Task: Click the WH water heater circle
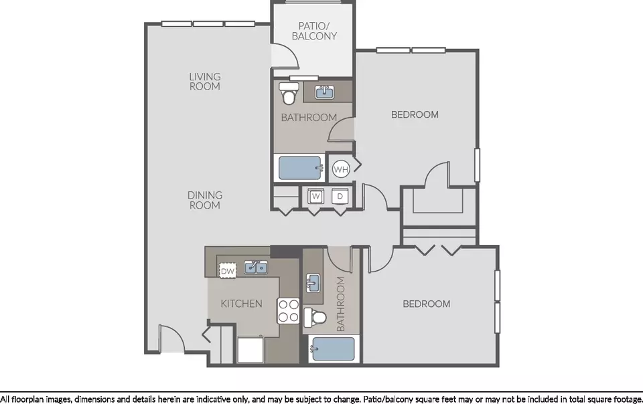pos(341,169)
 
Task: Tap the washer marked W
pos(315,197)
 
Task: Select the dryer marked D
pos(340,197)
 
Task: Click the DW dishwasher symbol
pos(228,271)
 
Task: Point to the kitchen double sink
pos(256,268)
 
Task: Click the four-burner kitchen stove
pos(288,311)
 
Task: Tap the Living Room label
pos(205,82)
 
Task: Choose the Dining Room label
pos(205,200)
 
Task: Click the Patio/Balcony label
pos(314,31)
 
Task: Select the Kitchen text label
pos(241,304)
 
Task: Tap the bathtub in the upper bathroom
pos(300,168)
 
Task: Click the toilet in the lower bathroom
pos(315,318)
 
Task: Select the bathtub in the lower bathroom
pos(333,348)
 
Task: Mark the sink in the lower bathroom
pos(313,283)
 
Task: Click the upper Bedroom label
pos(415,114)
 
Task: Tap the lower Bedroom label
pos(427,304)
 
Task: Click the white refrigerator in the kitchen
pos(250,350)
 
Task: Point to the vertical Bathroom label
pos(341,304)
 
